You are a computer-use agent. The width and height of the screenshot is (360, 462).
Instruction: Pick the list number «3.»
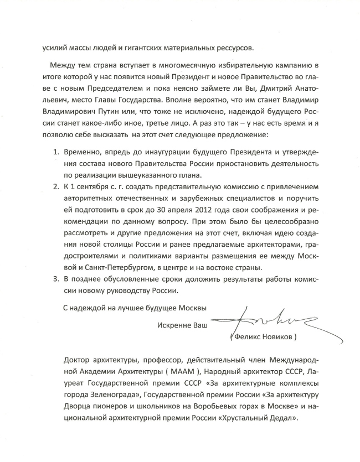tap(55, 280)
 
